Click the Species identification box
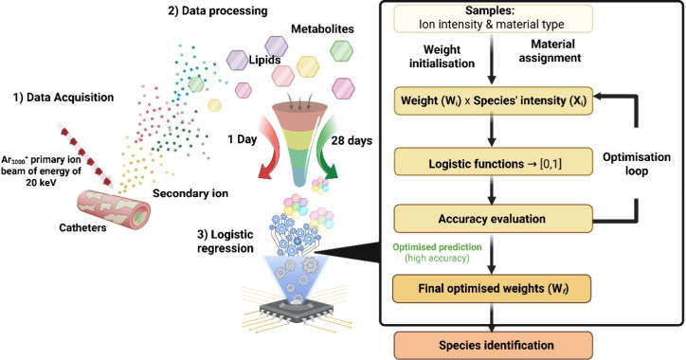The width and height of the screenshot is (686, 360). coord(494,346)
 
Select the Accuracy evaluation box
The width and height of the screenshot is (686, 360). coord(494,219)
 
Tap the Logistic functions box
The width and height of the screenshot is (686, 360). coord(494,164)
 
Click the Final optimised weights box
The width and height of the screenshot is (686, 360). coord(492,289)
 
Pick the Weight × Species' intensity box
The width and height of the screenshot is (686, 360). coord(494,100)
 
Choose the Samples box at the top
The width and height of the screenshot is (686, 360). coord(493,18)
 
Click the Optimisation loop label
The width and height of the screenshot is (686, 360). coord(637,164)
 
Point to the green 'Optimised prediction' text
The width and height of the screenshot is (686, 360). coord(437,247)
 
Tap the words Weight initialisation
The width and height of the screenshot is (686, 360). coord(442,57)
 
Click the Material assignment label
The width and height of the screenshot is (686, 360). coord(551,51)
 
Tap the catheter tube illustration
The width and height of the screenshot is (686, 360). coord(114,209)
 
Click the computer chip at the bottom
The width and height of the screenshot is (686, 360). coord(298,311)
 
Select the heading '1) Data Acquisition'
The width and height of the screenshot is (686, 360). coord(63,98)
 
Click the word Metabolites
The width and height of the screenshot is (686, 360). coord(322,28)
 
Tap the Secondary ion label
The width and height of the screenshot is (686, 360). coord(190,193)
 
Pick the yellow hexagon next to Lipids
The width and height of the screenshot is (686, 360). coord(308,66)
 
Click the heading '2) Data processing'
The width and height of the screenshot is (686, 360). coord(217,11)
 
